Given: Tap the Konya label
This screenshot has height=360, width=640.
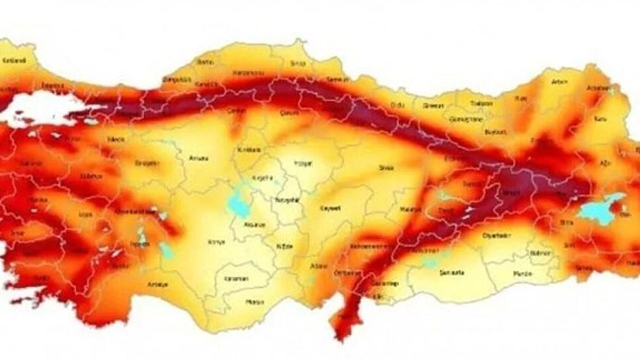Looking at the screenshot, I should coord(216,242).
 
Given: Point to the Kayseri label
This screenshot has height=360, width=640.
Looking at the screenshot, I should coord(330,207).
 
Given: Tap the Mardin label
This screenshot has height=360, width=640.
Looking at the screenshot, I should coord(523,273).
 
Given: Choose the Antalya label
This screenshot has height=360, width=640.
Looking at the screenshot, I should coord(158,284).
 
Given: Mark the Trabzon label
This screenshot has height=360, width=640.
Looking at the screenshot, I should coord(481,103).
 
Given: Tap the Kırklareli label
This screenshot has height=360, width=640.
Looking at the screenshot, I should coord(14,61).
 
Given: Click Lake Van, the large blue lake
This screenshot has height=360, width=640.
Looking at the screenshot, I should coord(600,207).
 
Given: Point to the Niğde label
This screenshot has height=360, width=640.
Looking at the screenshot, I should coord(283,246).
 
